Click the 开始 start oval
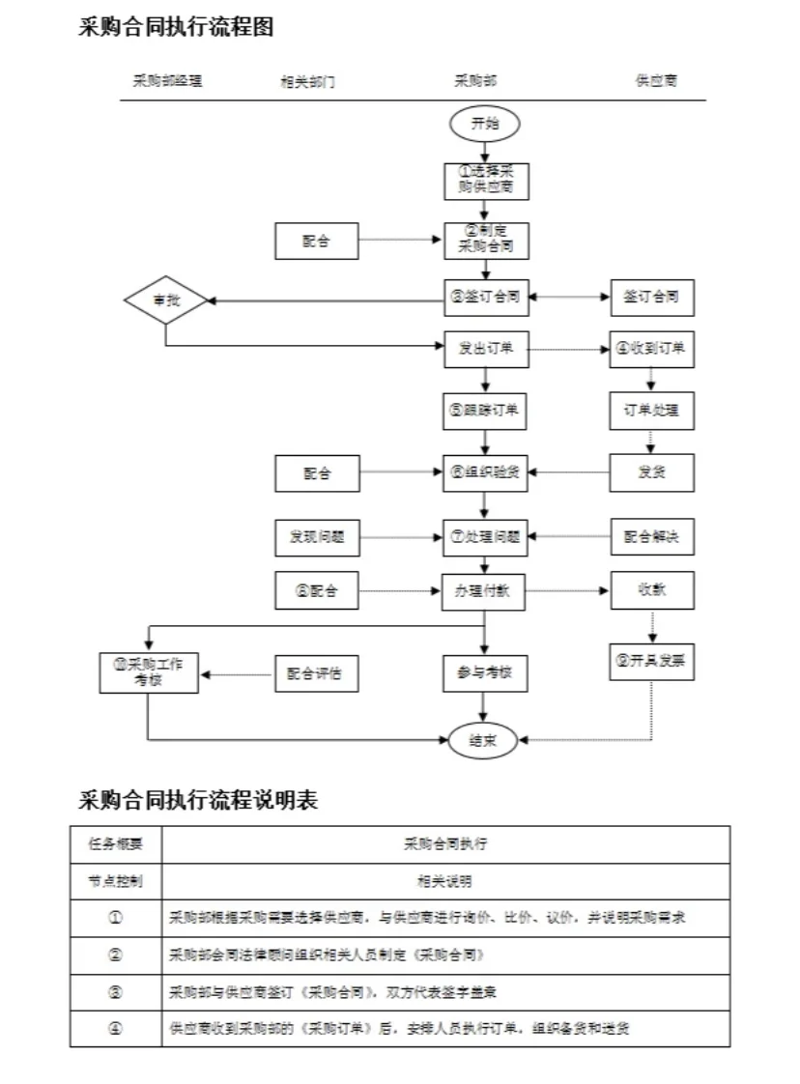pyautogui.click(x=484, y=124)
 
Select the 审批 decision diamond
pyautogui.click(x=166, y=300)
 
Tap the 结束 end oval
pyautogui.click(x=484, y=740)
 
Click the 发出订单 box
pyautogui.click(x=486, y=349)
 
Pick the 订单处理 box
pyautogui.click(x=651, y=411)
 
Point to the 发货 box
pyautogui.click(x=651, y=473)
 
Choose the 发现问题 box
pyautogui.click(x=317, y=536)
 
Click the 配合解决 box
pyautogui.click(x=651, y=536)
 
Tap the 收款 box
pyautogui.click(x=651, y=590)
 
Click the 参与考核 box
pyautogui.click(x=484, y=672)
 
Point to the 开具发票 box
pyautogui.click(x=651, y=662)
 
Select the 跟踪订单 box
pyautogui.click(x=486, y=411)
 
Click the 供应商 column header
pyautogui.click(x=656, y=81)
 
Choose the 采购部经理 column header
pyautogui.click(x=168, y=81)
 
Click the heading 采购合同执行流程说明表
pyautogui.click(x=198, y=801)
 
